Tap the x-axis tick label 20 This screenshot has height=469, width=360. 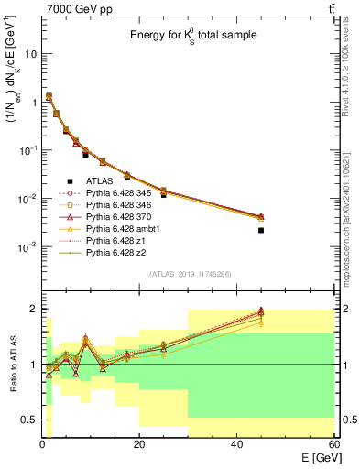(x=139, y=444)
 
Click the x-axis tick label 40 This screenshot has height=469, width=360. (x=236, y=444)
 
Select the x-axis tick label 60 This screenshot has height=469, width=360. (x=333, y=444)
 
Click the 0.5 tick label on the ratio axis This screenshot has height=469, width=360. (x=28, y=420)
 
